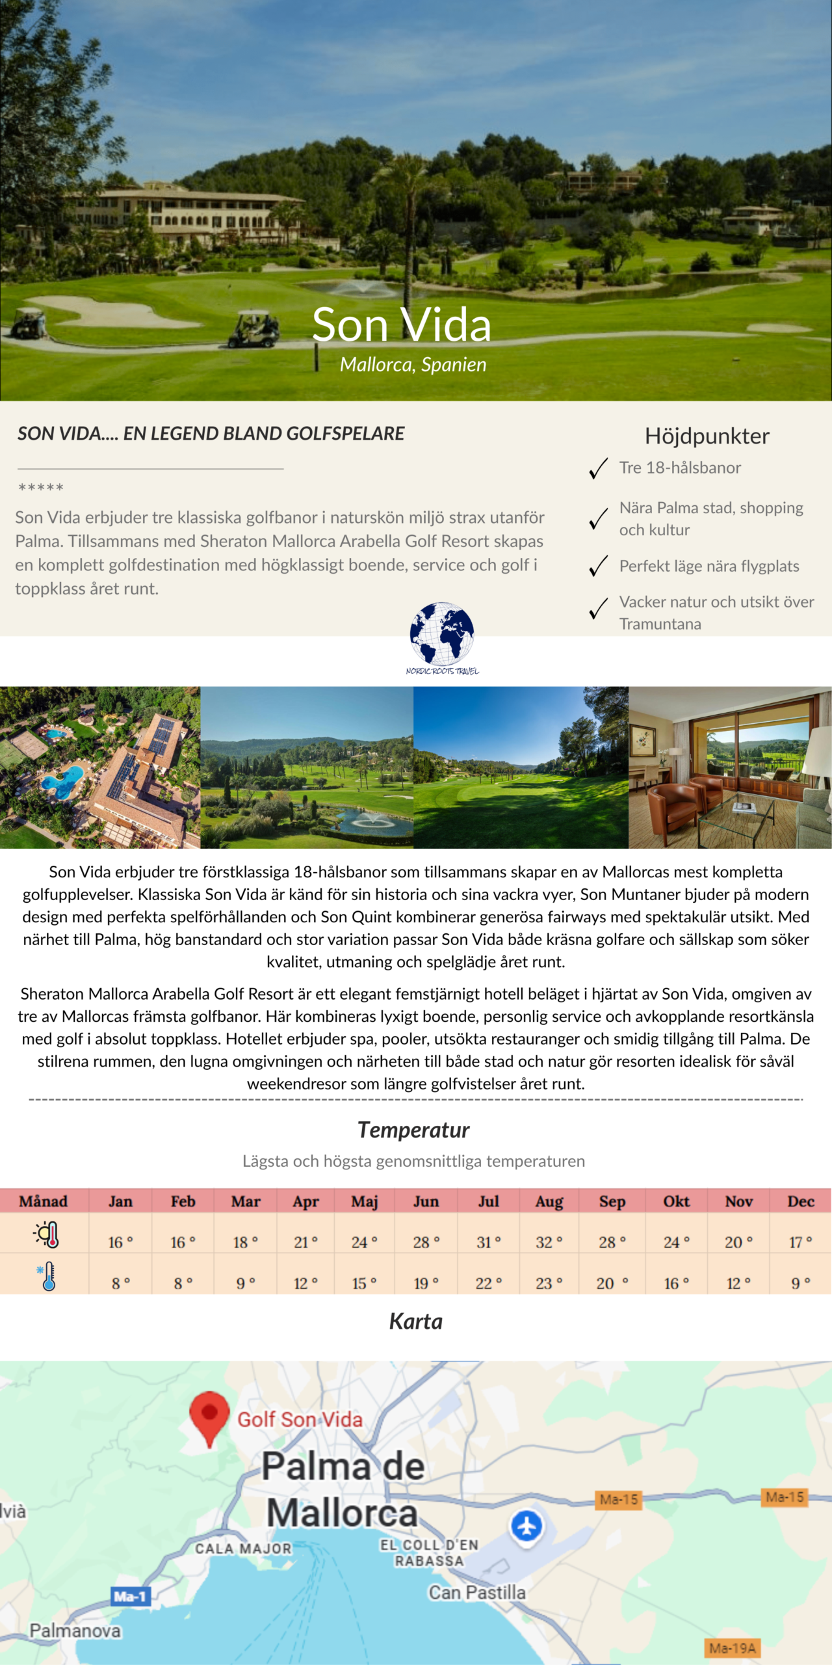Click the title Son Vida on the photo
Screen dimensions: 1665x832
point(401,325)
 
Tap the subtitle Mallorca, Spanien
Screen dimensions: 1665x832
point(413,365)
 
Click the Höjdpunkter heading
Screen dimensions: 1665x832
point(707,436)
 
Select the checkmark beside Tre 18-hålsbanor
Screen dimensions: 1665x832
point(598,468)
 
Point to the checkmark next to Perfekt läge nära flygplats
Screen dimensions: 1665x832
point(598,566)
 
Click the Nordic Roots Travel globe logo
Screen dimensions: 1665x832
point(442,635)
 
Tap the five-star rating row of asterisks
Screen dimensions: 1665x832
point(41,488)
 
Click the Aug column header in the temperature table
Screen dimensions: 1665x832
point(549,1201)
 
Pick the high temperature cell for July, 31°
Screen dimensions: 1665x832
point(488,1242)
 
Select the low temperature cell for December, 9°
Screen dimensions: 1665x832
point(800,1283)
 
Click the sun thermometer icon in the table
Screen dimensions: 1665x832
point(47,1234)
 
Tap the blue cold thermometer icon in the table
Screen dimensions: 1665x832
point(47,1276)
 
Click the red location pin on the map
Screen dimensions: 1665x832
point(209,1417)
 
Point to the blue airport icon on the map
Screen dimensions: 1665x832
point(526,1526)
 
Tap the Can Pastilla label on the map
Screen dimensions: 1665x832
point(476,1592)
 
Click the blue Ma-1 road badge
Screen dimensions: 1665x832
point(130,1596)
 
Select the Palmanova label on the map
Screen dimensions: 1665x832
point(75,1631)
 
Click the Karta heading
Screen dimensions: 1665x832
point(416,1322)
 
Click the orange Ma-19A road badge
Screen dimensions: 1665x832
point(733,1648)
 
